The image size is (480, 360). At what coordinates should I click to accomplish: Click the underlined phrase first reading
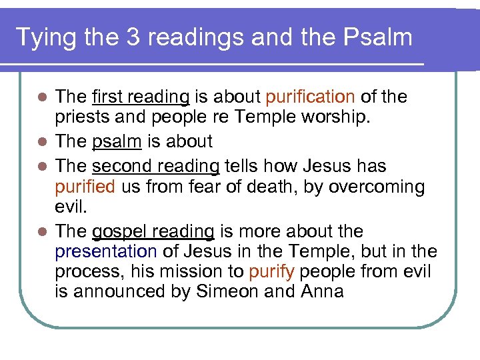pos(141,97)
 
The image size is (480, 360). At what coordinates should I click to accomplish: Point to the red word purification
pos(309,97)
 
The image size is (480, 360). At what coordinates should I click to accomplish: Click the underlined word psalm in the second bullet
pos(119,142)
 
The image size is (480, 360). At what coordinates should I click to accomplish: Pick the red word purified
pos(85,187)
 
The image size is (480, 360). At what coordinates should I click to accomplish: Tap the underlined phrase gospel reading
pos(153,232)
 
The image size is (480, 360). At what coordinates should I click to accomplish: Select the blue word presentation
pos(106,252)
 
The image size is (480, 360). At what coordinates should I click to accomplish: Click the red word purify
pos(273,272)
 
